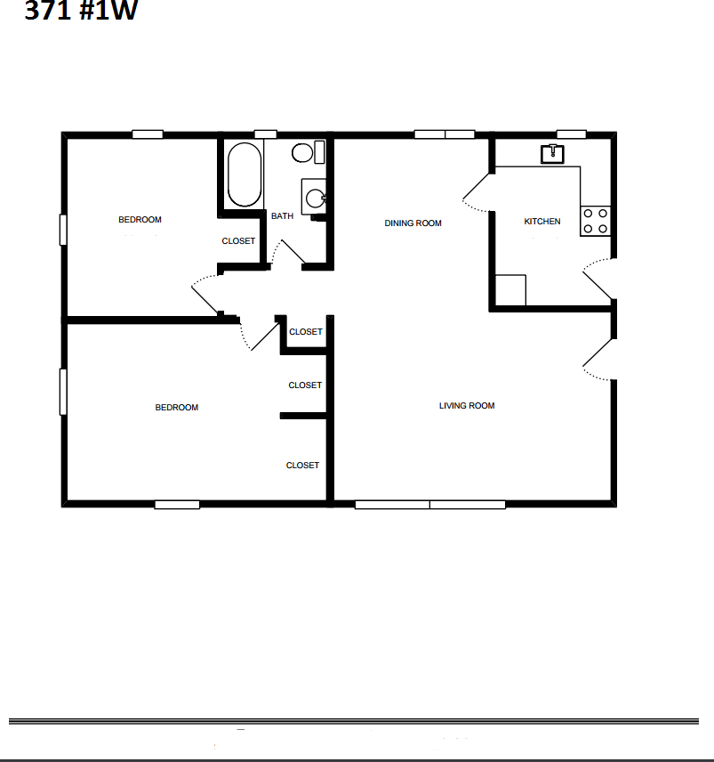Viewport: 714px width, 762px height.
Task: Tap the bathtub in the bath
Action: click(x=245, y=174)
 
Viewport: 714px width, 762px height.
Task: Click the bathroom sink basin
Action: click(x=315, y=198)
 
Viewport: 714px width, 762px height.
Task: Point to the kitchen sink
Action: click(x=553, y=154)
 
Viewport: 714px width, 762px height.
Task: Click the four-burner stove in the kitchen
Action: click(x=596, y=221)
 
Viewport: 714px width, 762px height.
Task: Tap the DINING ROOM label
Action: click(x=413, y=223)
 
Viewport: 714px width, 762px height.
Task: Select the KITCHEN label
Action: click(x=542, y=222)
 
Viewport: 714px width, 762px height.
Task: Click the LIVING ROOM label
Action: click(x=467, y=406)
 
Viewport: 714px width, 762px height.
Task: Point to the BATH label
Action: click(x=282, y=216)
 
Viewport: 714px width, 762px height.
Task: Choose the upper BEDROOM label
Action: click(x=140, y=220)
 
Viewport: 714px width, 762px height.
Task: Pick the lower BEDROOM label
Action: click(x=177, y=408)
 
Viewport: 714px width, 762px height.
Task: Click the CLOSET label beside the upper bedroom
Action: click(x=238, y=241)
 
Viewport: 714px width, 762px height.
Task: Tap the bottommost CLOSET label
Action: click(x=302, y=466)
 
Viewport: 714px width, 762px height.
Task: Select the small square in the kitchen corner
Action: click(x=510, y=290)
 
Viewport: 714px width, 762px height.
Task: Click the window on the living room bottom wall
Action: click(x=430, y=505)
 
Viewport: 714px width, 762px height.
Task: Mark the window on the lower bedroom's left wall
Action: click(x=62, y=392)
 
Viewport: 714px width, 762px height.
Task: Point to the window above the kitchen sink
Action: click(x=571, y=134)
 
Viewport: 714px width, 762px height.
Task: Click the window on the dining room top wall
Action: click(x=445, y=134)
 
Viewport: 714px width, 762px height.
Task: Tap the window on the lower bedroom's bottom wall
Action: click(x=177, y=505)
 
